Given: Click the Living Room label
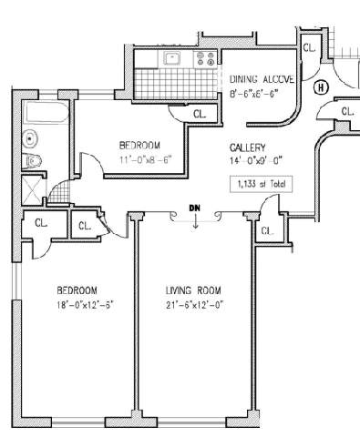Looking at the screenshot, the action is pyautogui.click(x=193, y=290).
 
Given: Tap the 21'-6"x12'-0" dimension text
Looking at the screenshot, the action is pyautogui.click(x=195, y=305).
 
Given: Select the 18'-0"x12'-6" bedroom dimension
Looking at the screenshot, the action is pyautogui.click(x=85, y=304).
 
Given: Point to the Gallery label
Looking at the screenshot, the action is pyautogui.click(x=248, y=147).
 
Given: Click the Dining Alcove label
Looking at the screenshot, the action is pyautogui.click(x=262, y=79).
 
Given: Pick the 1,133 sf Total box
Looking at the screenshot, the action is pyautogui.click(x=262, y=184).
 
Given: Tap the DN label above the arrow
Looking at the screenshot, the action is pyautogui.click(x=195, y=208).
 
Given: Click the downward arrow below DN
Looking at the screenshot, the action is pyautogui.click(x=196, y=221).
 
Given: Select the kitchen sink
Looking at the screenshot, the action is pyautogui.click(x=172, y=57).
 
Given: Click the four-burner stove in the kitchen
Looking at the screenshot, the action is pyautogui.click(x=206, y=58).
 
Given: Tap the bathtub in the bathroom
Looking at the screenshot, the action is pyautogui.click(x=46, y=113).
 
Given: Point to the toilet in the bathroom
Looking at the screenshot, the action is pyautogui.click(x=33, y=160).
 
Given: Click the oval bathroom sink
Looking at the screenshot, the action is pyautogui.click(x=30, y=138).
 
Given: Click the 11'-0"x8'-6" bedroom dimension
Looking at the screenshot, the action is pyautogui.click(x=146, y=159).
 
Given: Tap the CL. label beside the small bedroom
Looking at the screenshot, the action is pyautogui.click(x=200, y=114).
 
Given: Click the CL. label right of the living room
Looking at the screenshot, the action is pyautogui.click(x=267, y=231).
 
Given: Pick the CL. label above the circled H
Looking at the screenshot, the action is pyautogui.click(x=309, y=48).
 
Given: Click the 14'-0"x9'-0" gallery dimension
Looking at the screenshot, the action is pyautogui.click(x=256, y=161).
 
